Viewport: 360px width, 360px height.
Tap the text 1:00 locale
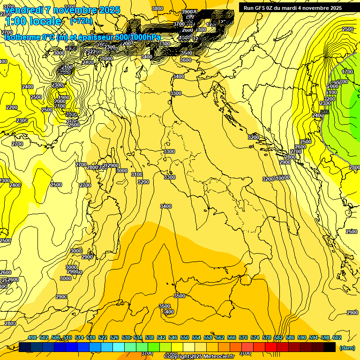pyautogui.click(x=33, y=21)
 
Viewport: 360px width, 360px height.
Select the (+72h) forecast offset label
pyautogui.click(x=81, y=21)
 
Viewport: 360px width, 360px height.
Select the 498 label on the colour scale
pyautogui.click(x=32, y=337)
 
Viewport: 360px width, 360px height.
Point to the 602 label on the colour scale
pyautogui.click(x=337, y=337)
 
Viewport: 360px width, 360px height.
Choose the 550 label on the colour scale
pyautogui.click(x=185, y=337)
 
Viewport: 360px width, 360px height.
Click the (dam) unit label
pyautogui.click(x=347, y=348)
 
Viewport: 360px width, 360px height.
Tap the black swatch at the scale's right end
pyautogui.click(x=330, y=347)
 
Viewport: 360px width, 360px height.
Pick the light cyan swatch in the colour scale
pyautogui.click(x=119, y=347)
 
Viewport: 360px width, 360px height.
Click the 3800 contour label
pyautogui.click(x=158, y=8)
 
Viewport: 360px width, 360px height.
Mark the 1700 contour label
pyautogui.click(x=347, y=72)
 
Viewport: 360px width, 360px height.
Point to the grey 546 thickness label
pyautogui.click(x=324, y=112)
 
